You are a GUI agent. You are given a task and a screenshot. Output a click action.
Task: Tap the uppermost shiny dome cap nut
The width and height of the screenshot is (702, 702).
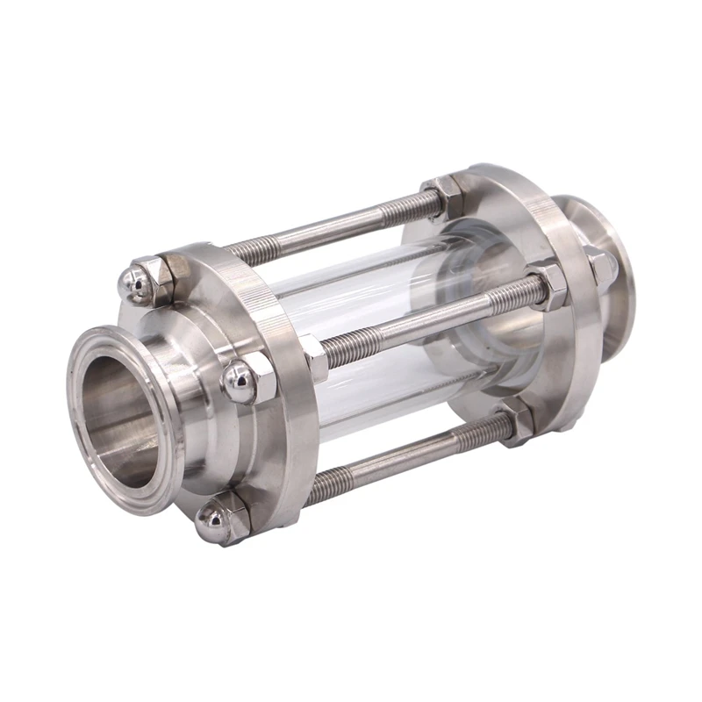(x=133, y=280)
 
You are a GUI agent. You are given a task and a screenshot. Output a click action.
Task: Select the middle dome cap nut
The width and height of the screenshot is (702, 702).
(x=238, y=379)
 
